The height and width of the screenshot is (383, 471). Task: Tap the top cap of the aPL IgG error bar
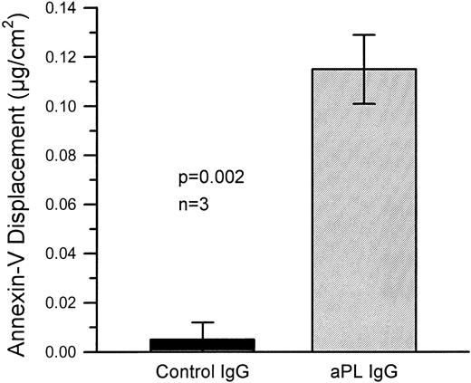tap(364, 35)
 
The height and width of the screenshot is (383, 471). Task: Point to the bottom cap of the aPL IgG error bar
tap(364, 104)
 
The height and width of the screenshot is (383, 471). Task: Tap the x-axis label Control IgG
tap(203, 371)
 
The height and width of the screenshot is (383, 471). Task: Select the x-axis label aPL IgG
tap(363, 371)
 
